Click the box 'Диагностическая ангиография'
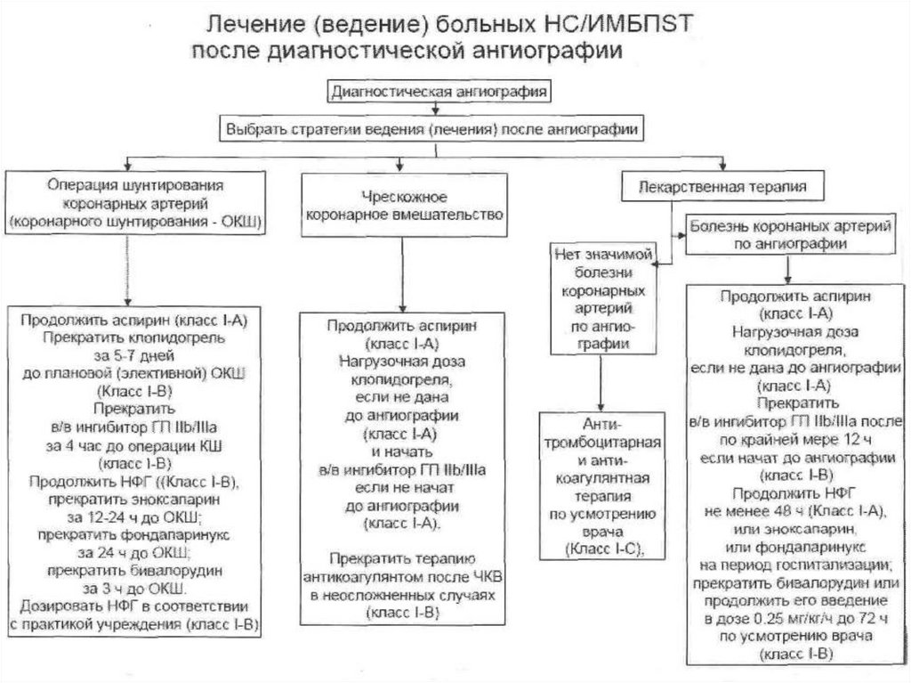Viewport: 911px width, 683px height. coord(439,92)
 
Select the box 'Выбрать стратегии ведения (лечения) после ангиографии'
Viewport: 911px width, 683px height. coord(431,129)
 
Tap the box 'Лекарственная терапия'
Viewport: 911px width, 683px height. coord(722,186)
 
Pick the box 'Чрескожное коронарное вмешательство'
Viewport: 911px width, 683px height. coord(404,206)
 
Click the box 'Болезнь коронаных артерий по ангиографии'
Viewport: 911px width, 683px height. coord(790,234)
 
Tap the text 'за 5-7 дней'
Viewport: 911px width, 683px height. coord(133,355)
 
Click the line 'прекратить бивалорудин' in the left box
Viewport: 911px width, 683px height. coord(135,571)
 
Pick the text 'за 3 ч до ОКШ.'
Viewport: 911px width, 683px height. coord(135,589)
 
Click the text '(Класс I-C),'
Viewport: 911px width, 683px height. coord(602,549)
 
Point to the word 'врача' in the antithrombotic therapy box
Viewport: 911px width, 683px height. coord(602,531)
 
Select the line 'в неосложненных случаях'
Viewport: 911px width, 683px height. coord(403,596)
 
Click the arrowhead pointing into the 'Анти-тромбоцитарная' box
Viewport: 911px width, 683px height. coord(601,406)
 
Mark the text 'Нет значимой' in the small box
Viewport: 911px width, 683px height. coord(603,255)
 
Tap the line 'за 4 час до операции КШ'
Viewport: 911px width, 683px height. coord(133,446)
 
